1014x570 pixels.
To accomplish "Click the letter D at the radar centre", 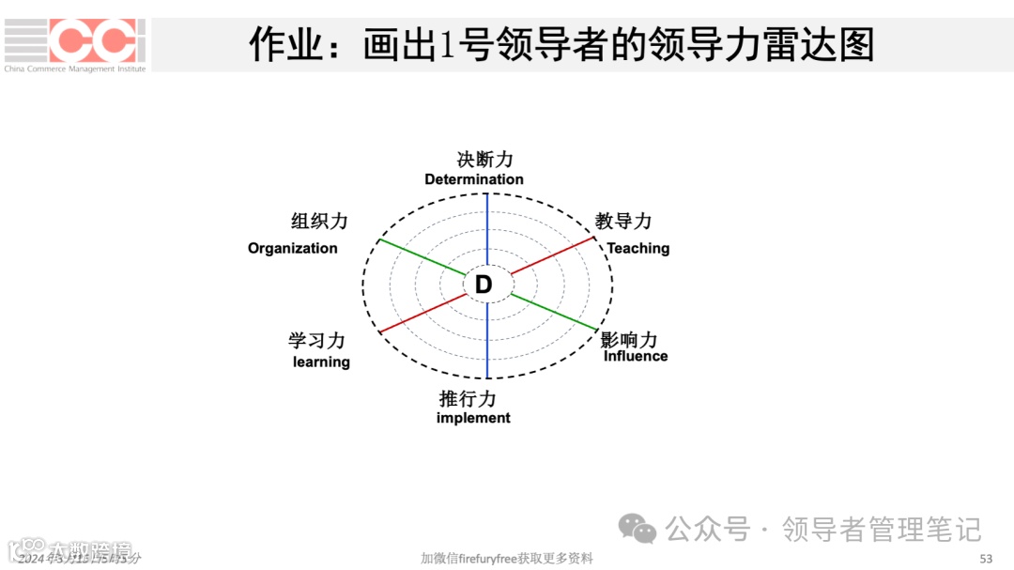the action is click(484, 285).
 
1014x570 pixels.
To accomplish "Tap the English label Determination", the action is click(474, 179).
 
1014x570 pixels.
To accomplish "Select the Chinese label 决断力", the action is click(485, 160).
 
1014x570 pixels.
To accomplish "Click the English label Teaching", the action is click(638, 248).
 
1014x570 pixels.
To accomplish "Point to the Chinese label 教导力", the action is click(623, 222).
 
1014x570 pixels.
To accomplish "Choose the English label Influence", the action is click(636, 356).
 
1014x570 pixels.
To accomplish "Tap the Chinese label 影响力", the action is click(629, 339).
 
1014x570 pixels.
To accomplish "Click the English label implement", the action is click(473, 418).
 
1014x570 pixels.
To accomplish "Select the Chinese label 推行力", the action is click(468, 398).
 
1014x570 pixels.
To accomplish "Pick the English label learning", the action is click(321, 362).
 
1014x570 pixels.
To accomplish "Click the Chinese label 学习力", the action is click(316, 341).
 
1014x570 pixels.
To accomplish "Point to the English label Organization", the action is click(293, 248).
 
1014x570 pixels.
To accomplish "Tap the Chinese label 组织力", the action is click(319, 222).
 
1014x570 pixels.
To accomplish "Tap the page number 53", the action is click(986, 559).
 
